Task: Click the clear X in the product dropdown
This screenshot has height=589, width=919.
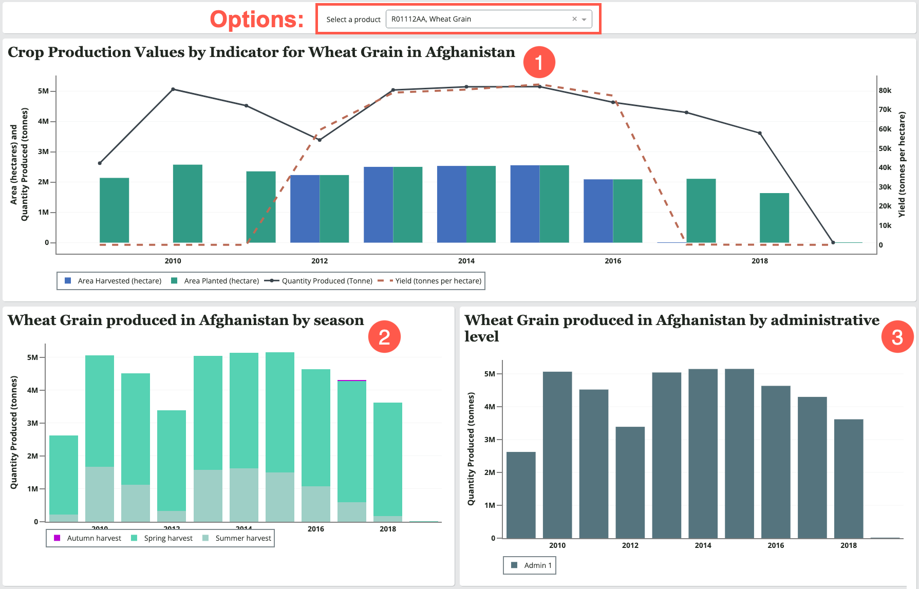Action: click(574, 19)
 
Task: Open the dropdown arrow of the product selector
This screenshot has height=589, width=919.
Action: click(584, 20)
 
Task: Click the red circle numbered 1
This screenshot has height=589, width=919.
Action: click(539, 62)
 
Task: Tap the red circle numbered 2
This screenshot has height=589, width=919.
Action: click(384, 337)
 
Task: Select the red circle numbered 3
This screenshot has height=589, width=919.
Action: click(897, 337)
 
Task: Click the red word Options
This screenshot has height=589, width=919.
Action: click(256, 20)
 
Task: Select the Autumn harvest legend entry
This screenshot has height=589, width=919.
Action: click(88, 538)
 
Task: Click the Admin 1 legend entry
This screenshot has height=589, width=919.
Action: click(532, 565)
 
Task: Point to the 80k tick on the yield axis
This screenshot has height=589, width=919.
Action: click(885, 90)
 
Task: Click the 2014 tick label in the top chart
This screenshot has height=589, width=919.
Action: click(466, 261)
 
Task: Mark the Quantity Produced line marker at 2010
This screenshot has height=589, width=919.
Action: click(173, 89)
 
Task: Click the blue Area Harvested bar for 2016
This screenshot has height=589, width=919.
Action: click(598, 211)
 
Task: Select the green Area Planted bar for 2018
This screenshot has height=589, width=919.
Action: click(774, 218)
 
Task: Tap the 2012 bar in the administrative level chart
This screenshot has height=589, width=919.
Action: click(630, 482)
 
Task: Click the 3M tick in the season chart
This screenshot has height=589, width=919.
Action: click(32, 423)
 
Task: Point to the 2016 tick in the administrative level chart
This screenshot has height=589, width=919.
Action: click(776, 545)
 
